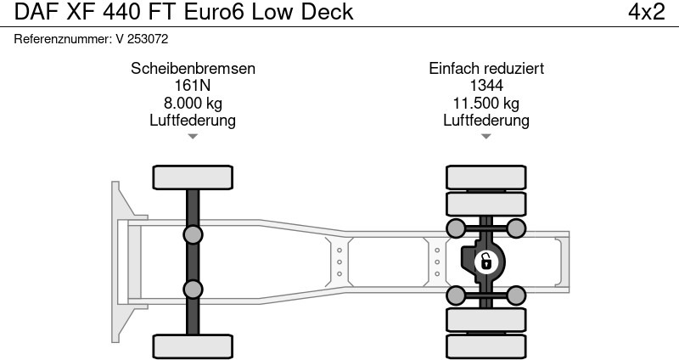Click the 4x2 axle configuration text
click(646, 13)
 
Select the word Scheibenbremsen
click(193, 69)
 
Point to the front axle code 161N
click(193, 86)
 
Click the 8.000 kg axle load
click(193, 104)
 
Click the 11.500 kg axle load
click(486, 104)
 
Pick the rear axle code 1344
click(486, 86)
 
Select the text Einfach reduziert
click(486, 69)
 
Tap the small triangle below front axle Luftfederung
click(193, 136)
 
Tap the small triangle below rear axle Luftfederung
click(486, 136)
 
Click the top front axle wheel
click(193, 177)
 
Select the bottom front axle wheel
click(193, 346)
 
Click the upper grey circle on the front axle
click(193, 234)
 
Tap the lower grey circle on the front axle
click(193, 289)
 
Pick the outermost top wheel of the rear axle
click(486, 177)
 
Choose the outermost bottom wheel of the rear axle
click(486, 346)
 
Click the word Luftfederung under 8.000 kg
click(193, 121)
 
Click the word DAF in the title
click(32, 13)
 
